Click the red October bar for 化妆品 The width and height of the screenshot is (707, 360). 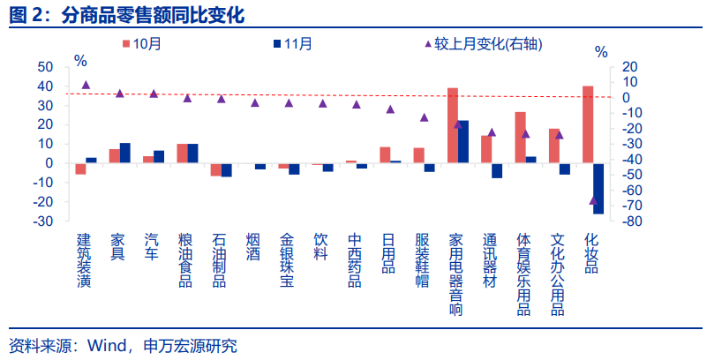tap(588, 124)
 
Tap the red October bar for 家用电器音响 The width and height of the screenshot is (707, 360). tap(453, 125)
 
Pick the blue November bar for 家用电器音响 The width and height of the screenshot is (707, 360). tap(463, 141)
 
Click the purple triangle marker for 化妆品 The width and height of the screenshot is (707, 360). tap(593, 200)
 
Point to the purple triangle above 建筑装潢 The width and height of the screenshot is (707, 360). tap(86, 85)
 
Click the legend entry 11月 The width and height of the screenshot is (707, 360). tap(292, 44)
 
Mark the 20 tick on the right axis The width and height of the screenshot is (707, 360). tap(629, 67)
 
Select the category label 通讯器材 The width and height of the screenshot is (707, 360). tap(491, 259)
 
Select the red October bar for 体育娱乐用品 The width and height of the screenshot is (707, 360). tap(521, 137)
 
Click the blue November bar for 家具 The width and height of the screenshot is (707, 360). tap(125, 153)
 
